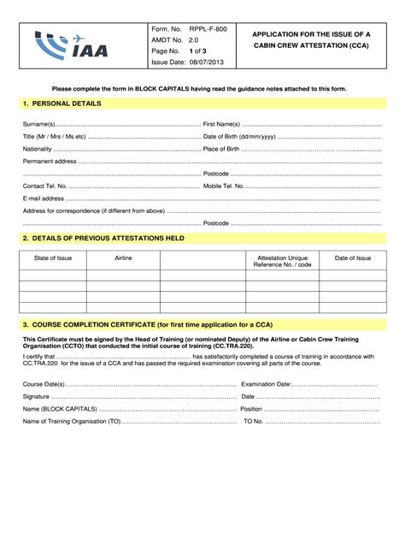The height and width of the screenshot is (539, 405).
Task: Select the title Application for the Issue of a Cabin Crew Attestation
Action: pyautogui.click(x=311, y=39)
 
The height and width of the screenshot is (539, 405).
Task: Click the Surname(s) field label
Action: pyautogui.click(x=40, y=124)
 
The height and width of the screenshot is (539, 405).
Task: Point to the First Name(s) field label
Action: pyautogui.click(x=222, y=124)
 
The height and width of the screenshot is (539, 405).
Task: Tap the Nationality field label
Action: pyautogui.click(x=38, y=148)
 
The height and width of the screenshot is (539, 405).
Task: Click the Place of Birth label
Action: pyautogui.click(x=226, y=148)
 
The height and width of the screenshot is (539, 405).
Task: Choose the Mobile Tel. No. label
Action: pyautogui.click(x=224, y=185)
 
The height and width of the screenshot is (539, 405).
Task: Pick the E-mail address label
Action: pyautogui.click(x=44, y=198)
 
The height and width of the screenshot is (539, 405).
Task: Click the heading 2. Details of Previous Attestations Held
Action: pyautogui.click(x=103, y=238)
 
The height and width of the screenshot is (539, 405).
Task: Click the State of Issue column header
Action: pyautogui.click(x=52, y=257)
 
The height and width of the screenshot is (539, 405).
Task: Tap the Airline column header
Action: pyautogui.click(x=123, y=257)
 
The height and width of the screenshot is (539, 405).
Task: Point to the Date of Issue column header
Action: pyautogui.click(x=352, y=257)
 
